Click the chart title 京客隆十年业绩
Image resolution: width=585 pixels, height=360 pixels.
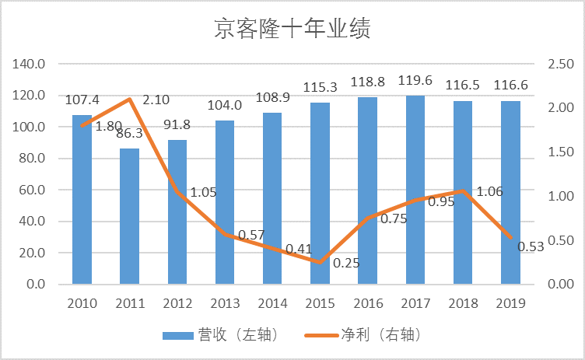pos(292,29)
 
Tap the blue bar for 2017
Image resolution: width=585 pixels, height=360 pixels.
pos(415,190)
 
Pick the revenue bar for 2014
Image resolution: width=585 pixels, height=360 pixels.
pos(272,198)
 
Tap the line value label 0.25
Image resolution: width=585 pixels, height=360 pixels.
pos(347,263)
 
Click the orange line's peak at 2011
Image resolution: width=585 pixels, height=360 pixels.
pos(129,100)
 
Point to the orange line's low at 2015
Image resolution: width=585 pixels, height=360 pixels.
pos(320,262)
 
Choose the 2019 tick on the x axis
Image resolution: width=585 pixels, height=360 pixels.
pos(510,302)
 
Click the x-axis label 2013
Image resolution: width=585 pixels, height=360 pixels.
pos(225,302)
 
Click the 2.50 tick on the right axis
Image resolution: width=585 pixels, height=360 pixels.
pos(561,64)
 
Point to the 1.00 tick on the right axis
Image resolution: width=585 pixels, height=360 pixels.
pos(561,196)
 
